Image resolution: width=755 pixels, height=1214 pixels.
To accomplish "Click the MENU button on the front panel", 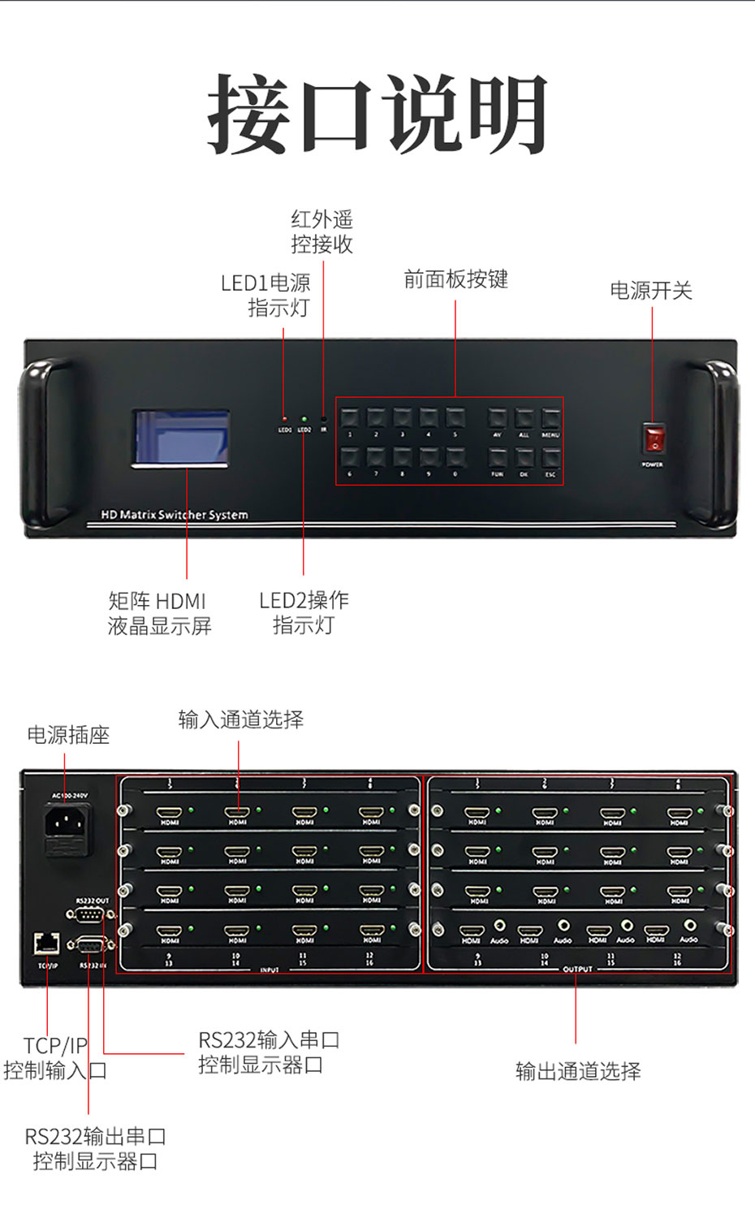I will pos(550,418).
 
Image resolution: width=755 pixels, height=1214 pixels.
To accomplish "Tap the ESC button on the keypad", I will pos(550,457).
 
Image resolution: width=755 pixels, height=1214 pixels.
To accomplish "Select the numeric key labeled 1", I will pos(350,418).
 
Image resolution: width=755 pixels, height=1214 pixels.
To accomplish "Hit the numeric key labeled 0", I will pos(455,457).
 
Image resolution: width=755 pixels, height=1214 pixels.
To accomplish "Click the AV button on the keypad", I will pos(497,418).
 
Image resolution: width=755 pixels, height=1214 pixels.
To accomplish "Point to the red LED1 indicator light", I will pos(284,419).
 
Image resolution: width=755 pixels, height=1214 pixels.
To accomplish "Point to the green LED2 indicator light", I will pos(304,419).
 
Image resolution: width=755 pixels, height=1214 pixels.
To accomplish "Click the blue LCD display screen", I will pos(181,438).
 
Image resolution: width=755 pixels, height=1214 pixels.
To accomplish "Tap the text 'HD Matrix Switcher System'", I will pos(175,515).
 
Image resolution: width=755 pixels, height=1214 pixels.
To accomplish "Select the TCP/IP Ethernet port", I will pos(47,943).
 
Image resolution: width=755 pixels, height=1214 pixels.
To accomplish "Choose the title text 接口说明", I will pos(377,114).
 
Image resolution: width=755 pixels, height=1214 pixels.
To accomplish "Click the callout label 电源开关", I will pos(651,291).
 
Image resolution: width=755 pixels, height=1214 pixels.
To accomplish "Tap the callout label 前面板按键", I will pos(455,279).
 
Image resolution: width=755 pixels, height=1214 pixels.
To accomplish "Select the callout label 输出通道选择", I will pos(578,1071).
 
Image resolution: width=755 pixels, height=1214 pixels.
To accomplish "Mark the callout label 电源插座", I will pos(68,735).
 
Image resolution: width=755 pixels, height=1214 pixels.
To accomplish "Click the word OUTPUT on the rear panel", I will pos(577,969).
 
